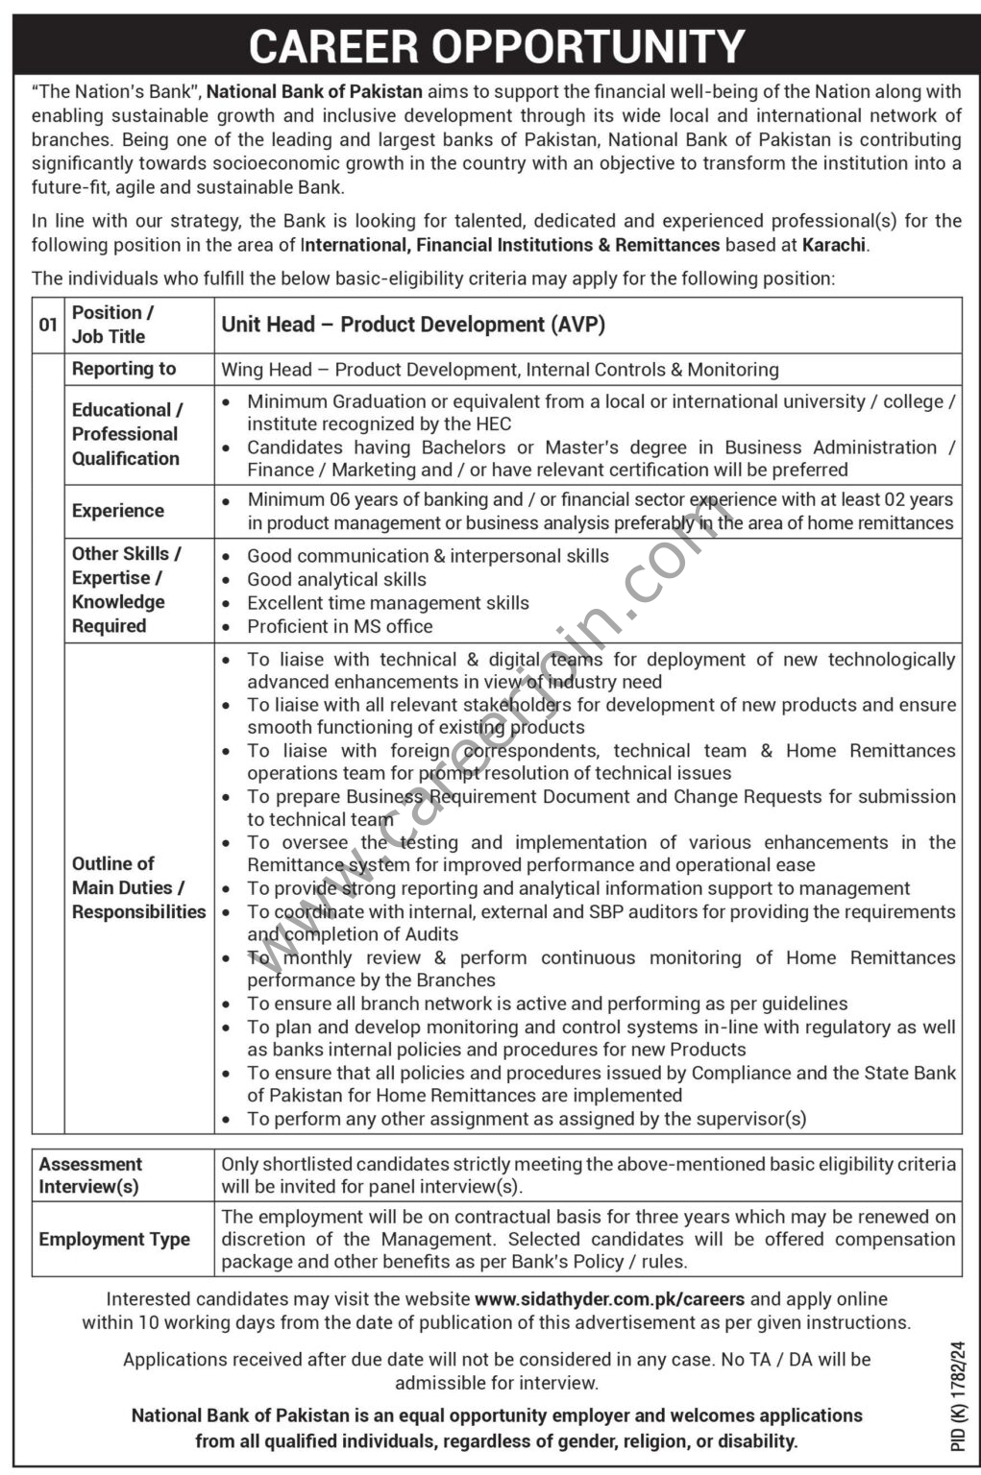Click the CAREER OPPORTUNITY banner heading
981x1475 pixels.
point(497,45)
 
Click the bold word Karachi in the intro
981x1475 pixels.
point(834,245)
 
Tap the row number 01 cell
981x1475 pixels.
point(48,325)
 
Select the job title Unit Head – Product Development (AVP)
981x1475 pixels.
point(413,325)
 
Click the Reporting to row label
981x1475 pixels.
point(124,369)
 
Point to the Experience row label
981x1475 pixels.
point(118,511)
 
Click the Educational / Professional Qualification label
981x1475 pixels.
point(125,434)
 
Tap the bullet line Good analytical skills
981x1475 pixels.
point(336,579)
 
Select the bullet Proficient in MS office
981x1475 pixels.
point(339,626)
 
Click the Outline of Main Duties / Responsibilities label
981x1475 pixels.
point(138,887)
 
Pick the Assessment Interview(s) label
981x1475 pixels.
point(90,1175)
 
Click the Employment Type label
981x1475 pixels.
point(114,1239)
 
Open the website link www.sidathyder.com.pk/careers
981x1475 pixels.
point(609,1299)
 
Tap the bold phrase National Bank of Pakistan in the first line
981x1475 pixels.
point(314,92)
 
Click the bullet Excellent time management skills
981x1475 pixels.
point(388,603)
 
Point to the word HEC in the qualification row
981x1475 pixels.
point(491,423)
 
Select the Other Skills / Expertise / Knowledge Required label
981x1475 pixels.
point(126,590)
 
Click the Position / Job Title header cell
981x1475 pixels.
point(112,325)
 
